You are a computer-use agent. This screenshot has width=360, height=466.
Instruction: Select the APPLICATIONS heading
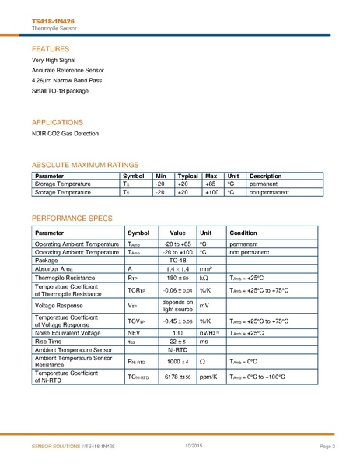click(x=58, y=122)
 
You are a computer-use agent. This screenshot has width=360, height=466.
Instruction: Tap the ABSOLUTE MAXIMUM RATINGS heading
click(x=84, y=164)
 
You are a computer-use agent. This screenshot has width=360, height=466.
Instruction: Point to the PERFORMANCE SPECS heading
click(x=72, y=218)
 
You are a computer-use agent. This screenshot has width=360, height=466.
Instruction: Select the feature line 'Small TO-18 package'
click(x=60, y=90)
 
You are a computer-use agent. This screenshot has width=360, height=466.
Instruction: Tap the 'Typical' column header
click(x=187, y=176)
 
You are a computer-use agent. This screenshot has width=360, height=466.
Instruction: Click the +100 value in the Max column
click(x=210, y=191)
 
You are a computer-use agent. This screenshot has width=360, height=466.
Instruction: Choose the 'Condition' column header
click(x=243, y=233)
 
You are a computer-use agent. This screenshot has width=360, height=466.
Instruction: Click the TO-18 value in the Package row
click(x=177, y=260)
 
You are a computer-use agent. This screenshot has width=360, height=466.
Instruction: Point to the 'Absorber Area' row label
click(x=54, y=268)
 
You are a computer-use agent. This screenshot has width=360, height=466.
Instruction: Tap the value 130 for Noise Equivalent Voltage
click(x=177, y=332)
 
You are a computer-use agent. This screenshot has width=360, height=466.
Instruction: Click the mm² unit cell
click(x=206, y=268)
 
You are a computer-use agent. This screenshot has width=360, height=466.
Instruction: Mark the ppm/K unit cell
click(x=208, y=377)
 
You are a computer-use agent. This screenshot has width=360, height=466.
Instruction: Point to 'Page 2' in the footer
click(x=327, y=446)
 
